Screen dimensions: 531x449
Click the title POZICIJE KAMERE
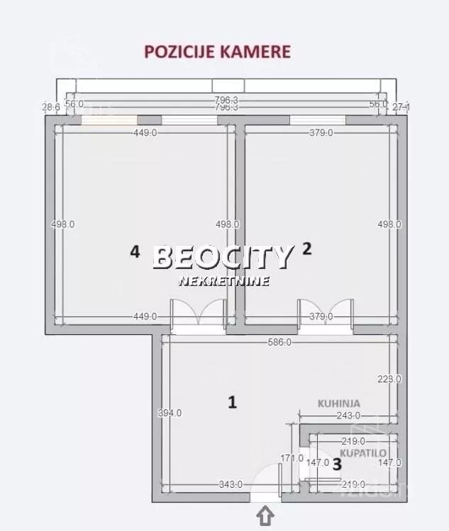pyautogui.click(x=217, y=52)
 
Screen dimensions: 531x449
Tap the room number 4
pyautogui.click(x=135, y=251)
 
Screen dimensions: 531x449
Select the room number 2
pyautogui.click(x=306, y=249)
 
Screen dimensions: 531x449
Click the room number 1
pyautogui.click(x=231, y=402)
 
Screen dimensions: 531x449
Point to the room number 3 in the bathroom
pyautogui.click(x=337, y=464)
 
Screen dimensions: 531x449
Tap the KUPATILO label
pyautogui.click(x=359, y=451)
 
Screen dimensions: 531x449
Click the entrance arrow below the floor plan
pyautogui.click(x=266, y=516)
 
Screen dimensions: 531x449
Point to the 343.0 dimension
pyautogui.click(x=231, y=484)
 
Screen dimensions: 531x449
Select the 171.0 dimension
pyautogui.click(x=292, y=458)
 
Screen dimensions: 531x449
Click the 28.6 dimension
pyautogui.click(x=50, y=107)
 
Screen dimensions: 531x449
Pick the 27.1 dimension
pyautogui.click(x=401, y=107)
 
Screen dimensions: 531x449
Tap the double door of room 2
pyautogui.click(x=326, y=312)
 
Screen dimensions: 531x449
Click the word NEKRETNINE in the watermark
pyautogui.click(x=223, y=281)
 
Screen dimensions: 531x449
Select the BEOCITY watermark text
pyautogui.click(x=223, y=257)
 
